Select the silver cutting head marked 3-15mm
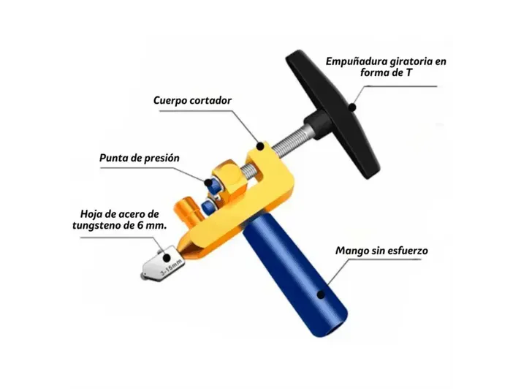pos(162,263)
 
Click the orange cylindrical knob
pos(187,212)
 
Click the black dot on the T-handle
pos(351,107)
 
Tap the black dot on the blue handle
pos(321,295)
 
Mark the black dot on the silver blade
pos(167,257)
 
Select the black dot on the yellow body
pos(260,146)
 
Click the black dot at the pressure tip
pos(208,182)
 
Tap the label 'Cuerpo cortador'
pos(192,101)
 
